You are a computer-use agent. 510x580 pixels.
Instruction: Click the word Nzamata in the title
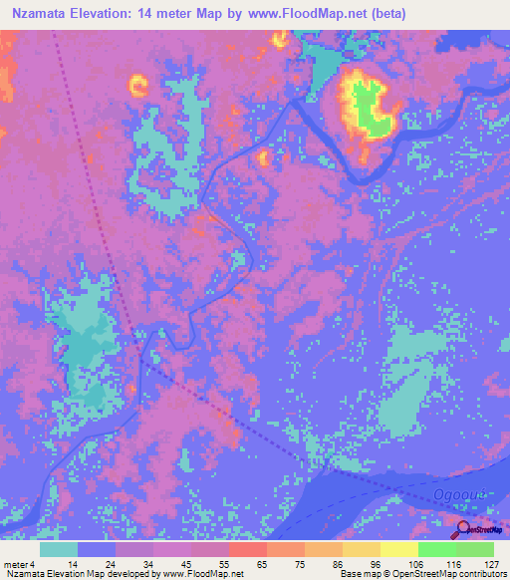40,13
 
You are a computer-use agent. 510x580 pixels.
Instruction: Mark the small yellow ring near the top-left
137,86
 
